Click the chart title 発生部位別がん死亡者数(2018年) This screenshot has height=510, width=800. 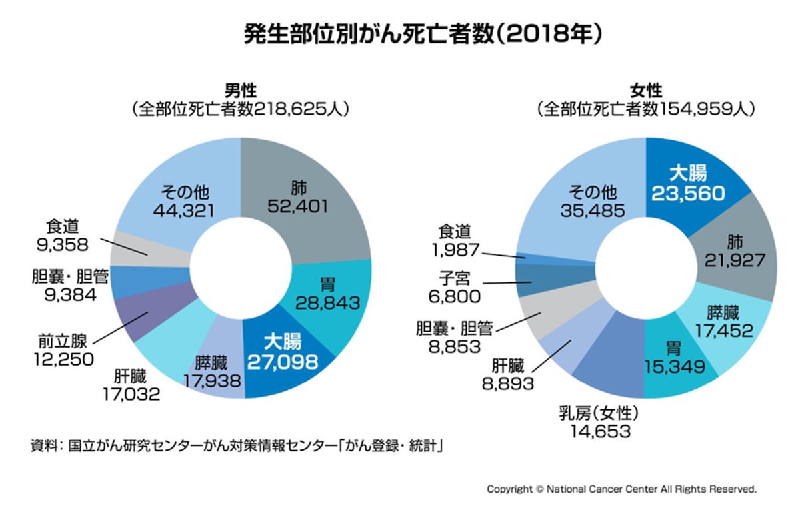pos(423,34)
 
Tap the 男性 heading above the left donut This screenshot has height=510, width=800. pos(241,91)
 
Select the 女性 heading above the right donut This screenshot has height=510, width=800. pos(646,91)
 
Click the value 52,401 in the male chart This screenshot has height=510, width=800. pos(297,206)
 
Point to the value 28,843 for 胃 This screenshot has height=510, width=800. pos(327,303)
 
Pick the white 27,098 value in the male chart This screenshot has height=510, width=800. pos(282,362)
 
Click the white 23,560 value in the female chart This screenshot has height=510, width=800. pos(688,194)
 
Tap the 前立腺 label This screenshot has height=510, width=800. pos(63,342)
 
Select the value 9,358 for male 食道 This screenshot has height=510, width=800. pos(62,244)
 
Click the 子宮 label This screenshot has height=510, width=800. pos(454,278)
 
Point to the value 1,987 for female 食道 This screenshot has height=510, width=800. pos(455,250)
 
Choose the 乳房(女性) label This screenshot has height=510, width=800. pos(599,413)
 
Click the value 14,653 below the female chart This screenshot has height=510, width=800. pos(601,432)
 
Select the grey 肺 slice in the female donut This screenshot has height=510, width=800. pos(736,250)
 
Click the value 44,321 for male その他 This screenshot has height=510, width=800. pos(184,211)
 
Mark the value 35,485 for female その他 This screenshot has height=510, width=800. pos(593,211)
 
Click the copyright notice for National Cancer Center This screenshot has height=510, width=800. pos(621,489)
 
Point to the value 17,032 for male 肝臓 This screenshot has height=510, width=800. pos(131,394)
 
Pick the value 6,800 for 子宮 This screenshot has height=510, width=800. pos(454,297)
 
